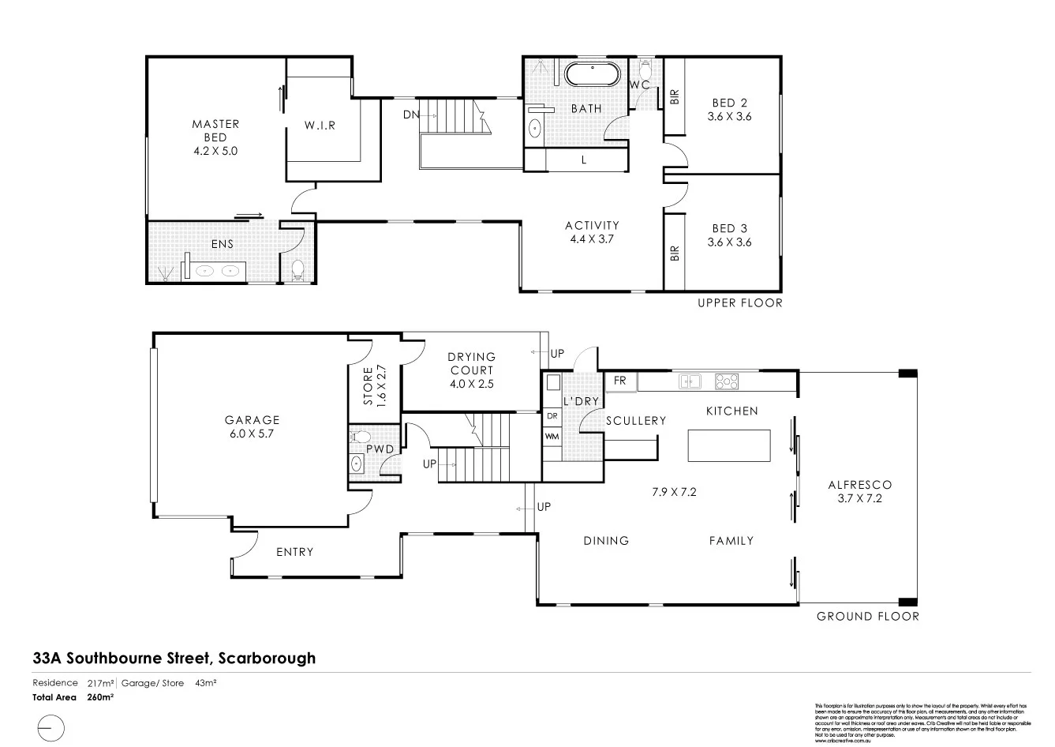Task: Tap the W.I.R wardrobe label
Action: [x=320, y=125]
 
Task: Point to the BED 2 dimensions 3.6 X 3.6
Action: [x=729, y=116]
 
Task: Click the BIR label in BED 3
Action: [x=675, y=253]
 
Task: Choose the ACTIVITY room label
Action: [x=592, y=226]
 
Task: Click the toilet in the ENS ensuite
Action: [x=298, y=271]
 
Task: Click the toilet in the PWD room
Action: [x=361, y=436]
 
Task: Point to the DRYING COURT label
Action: [x=472, y=364]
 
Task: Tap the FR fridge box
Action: [x=620, y=381]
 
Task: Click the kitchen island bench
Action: [x=729, y=445]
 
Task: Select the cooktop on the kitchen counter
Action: [x=727, y=382]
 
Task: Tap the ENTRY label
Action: [x=294, y=552]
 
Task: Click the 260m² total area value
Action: [x=101, y=697]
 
